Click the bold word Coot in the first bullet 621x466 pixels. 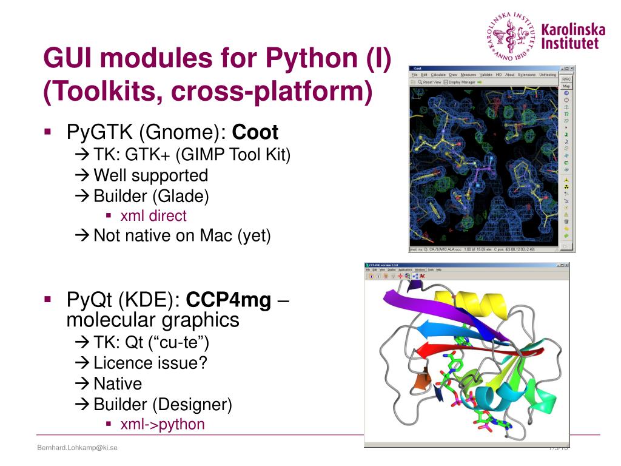coord(255,132)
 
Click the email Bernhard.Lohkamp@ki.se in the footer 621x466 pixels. coord(77,448)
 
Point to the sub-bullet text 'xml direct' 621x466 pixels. coord(153,215)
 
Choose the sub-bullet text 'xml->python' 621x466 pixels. coord(163,424)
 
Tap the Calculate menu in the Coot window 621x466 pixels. coord(438,75)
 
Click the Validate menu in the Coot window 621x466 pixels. coord(486,75)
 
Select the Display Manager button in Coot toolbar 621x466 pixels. coord(462,82)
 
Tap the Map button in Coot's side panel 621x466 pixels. coord(566,86)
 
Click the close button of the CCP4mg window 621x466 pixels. coord(566,265)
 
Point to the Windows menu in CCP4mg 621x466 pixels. coord(420,269)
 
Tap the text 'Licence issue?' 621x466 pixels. coord(150,363)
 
